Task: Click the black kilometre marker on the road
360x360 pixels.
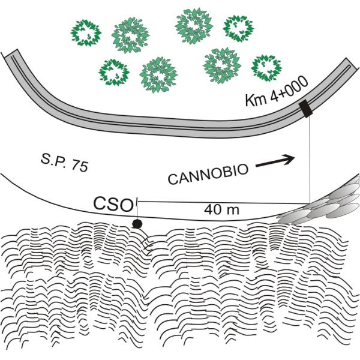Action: (306, 109)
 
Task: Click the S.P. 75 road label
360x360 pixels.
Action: (59, 163)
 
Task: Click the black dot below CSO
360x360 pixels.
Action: (137, 224)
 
